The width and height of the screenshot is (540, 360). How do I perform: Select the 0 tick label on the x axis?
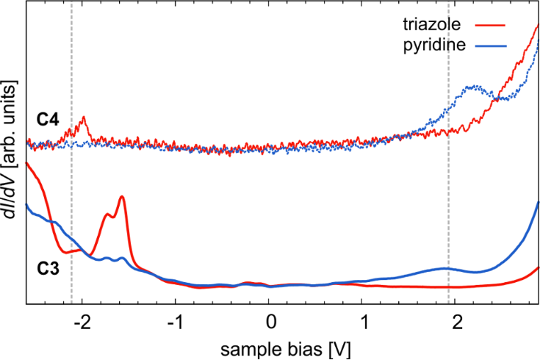[x=271, y=323]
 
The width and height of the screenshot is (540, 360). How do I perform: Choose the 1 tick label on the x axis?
[x=364, y=323]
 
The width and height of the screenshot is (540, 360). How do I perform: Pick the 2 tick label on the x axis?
[x=458, y=323]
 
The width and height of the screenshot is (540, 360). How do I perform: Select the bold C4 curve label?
[x=48, y=119]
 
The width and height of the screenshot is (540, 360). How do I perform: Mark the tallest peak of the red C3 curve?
[x=121, y=196]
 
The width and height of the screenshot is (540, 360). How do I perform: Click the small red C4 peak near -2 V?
[x=84, y=117]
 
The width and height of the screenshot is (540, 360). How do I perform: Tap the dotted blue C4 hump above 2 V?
[x=476, y=87]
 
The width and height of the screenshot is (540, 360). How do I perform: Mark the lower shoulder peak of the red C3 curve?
[x=107, y=215]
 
